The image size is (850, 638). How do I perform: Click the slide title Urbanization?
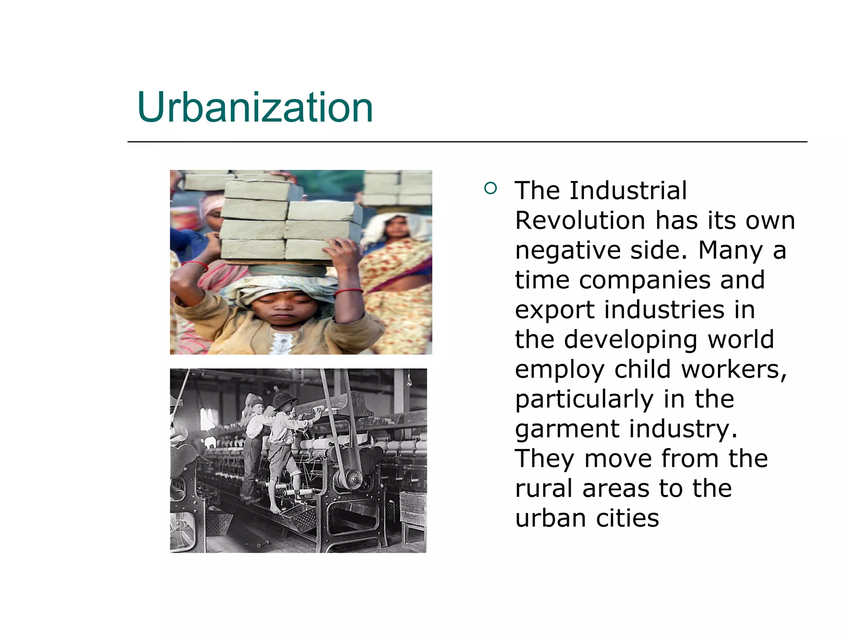point(255,108)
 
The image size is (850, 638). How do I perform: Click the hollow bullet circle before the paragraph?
point(490,189)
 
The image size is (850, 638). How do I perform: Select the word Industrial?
point(628,191)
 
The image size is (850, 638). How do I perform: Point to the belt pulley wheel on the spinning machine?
point(353,479)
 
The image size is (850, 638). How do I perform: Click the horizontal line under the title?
point(467,142)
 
